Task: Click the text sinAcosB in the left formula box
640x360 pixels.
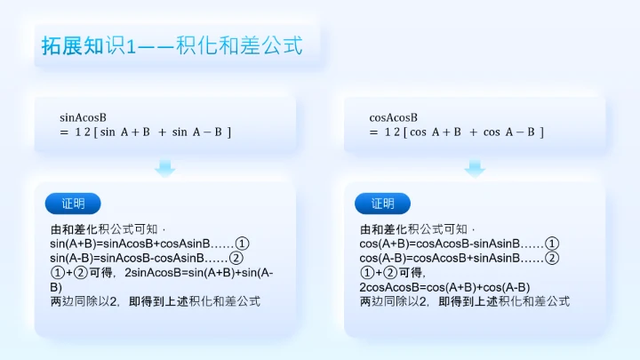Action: tap(83, 117)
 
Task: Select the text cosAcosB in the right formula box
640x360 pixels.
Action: tap(393, 117)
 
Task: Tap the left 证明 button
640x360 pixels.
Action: tap(73, 204)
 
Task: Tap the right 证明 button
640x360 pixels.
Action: tap(382, 204)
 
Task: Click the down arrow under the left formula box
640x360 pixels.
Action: tap(165, 167)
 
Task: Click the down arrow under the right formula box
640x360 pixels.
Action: tap(475, 167)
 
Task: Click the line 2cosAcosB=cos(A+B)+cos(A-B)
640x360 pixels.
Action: tap(444, 287)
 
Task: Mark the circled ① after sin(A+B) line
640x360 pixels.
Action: tap(243, 244)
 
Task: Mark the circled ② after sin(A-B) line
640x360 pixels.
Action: tap(236, 259)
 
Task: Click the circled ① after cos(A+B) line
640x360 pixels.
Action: tap(552, 244)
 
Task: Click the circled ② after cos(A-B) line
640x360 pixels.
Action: tap(552, 259)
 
